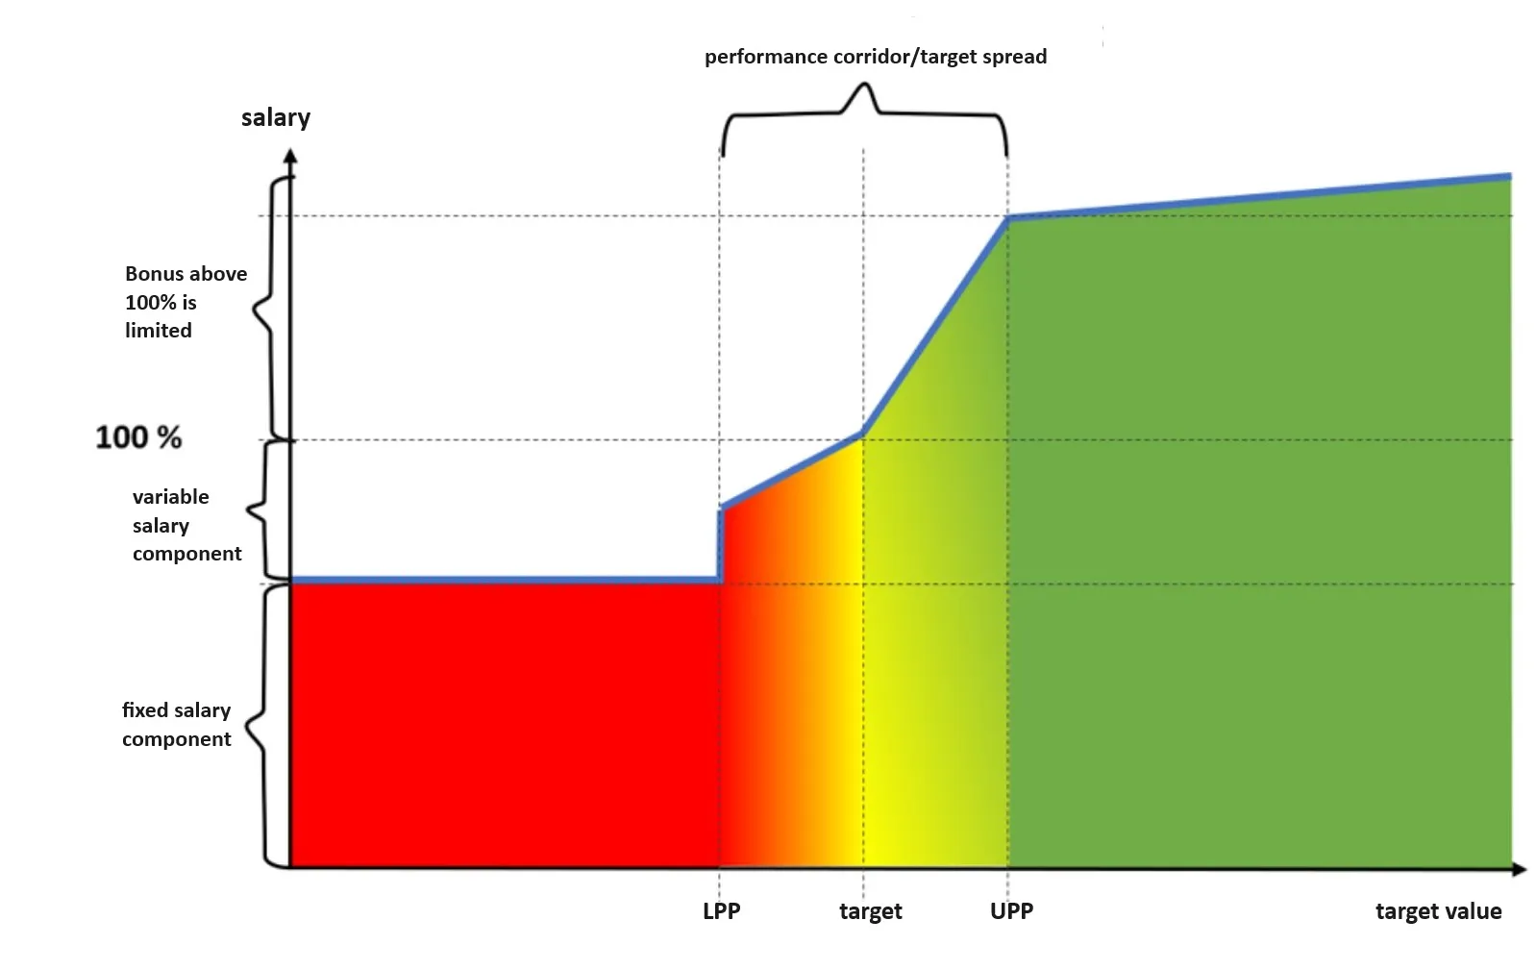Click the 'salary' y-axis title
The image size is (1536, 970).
click(x=275, y=118)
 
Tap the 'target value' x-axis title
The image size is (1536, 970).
click(x=1437, y=911)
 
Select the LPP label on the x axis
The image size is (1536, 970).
click(x=721, y=911)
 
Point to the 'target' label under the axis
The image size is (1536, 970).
click(x=870, y=911)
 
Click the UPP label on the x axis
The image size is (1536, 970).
click(x=1011, y=911)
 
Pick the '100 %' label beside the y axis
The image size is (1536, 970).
click(x=138, y=437)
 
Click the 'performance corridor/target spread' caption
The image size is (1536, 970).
click(x=875, y=57)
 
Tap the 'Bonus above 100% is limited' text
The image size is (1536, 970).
click(x=186, y=302)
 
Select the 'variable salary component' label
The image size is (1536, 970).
click(x=186, y=525)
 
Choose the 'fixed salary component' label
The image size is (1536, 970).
click(x=176, y=724)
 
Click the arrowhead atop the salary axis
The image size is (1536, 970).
click(x=290, y=155)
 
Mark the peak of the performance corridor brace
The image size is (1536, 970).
click(x=863, y=87)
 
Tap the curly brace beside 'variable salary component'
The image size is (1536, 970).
click(x=255, y=510)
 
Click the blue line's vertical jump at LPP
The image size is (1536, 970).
click(x=720, y=544)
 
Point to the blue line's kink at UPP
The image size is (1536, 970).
click(x=1007, y=218)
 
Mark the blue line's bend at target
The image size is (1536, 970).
click(x=862, y=435)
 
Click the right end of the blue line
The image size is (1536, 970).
click(x=1509, y=177)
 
